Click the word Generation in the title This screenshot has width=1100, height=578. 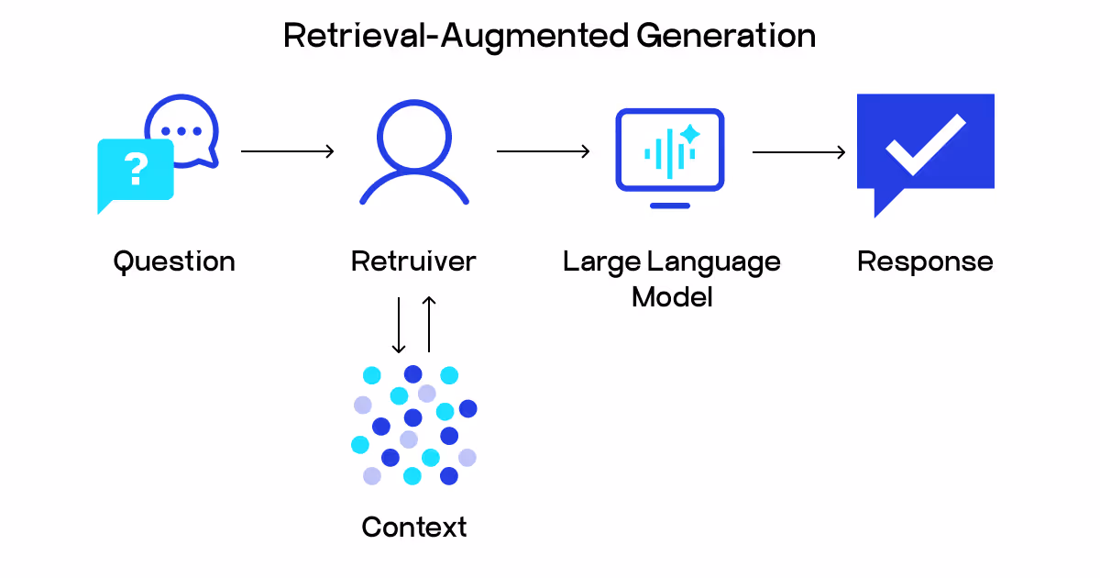click(725, 36)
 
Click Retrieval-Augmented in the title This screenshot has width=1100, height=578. click(456, 36)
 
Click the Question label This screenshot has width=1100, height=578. click(174, 261)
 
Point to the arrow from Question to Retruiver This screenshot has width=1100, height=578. click(287, 151)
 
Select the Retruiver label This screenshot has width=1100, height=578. click(413, 261)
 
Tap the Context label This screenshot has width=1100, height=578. click(414, 528)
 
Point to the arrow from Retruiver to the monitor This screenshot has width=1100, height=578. click(543, 151)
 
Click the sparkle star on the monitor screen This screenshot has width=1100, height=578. click(689, 135)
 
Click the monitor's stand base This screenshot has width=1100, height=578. click(670, 205)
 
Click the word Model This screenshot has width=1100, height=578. click(672, 297)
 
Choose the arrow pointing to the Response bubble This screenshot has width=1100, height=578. click(798, 151)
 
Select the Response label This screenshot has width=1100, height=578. click(925, 261)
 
